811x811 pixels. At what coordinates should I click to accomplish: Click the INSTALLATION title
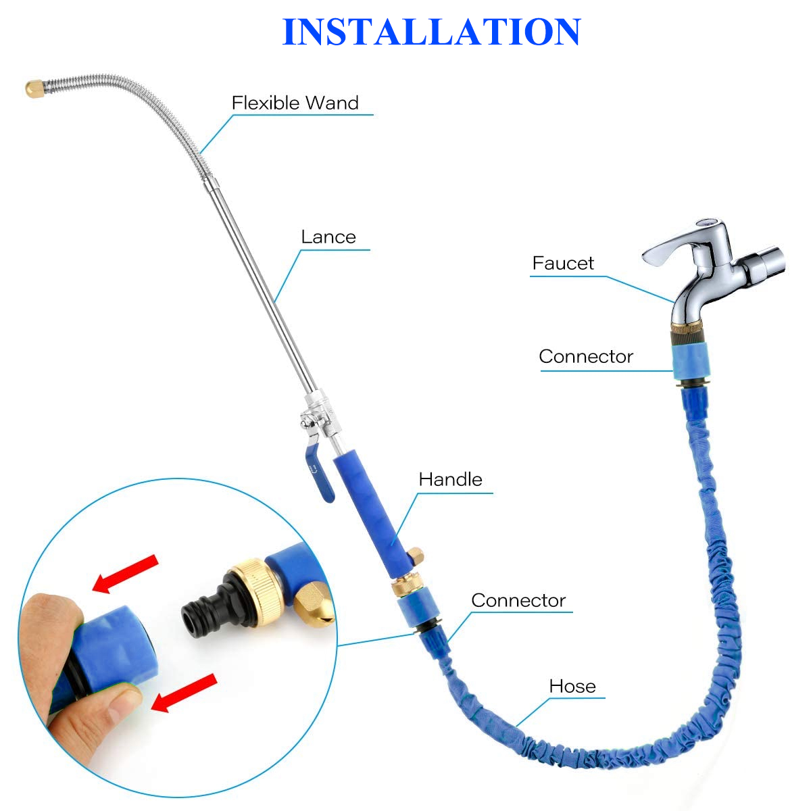tap(431, 32)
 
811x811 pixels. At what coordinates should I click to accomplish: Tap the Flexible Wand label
tap(295, 103)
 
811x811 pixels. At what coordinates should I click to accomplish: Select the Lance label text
tap(328, 237)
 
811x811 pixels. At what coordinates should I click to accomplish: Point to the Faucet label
tap(563, 263)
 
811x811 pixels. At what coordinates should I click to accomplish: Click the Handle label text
tap(450, 479)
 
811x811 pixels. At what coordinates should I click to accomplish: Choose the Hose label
tap(572, 686)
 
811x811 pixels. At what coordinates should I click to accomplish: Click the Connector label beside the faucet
tap(586, 356)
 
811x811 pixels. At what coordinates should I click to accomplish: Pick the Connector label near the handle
tap(518, 600)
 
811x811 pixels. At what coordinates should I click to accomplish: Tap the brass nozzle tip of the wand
tap(34, 89)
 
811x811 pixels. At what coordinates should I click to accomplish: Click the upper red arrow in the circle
tap(125, 574)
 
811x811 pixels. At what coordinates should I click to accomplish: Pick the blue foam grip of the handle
tap(372, 514)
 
